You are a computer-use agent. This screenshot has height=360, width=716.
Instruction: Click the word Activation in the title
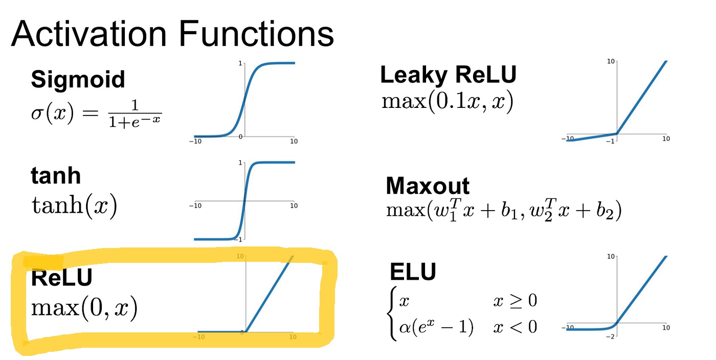[x=89, y=34]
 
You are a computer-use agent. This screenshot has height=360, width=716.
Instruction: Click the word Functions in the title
[x=256, y=34]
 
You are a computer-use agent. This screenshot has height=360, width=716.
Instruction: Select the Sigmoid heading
[x=78, y=80]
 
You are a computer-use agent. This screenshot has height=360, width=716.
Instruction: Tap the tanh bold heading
[x=56, y=175]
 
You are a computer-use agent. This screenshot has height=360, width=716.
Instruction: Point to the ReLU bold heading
[x=62, y=277]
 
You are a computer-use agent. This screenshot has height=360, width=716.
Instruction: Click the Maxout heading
[x=428, y=186]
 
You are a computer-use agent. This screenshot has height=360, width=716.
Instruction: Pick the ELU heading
[x=413, y=272]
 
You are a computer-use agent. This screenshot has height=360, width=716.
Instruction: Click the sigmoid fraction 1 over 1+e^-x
[x=135, y=114]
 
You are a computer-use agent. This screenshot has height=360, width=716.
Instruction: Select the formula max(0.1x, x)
[x=447, y=102]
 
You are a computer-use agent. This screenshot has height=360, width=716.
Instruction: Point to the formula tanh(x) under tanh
[x=74, y=206]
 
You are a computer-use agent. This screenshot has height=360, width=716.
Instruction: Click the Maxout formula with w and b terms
[x=504, y=210]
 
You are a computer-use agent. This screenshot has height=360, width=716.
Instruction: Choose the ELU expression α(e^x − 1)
[x=436, y=327]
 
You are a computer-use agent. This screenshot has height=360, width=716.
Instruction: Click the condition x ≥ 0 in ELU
[x=515, y=301]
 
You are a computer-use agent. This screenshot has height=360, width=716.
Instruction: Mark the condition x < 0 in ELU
[x=515, y=327]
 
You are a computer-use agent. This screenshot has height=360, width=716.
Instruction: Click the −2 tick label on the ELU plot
[x=610, y=336]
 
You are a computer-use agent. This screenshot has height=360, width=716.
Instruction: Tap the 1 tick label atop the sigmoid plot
[x=240, y=63]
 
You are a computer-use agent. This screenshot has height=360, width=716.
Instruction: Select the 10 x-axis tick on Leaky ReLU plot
[x=666, y=139]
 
